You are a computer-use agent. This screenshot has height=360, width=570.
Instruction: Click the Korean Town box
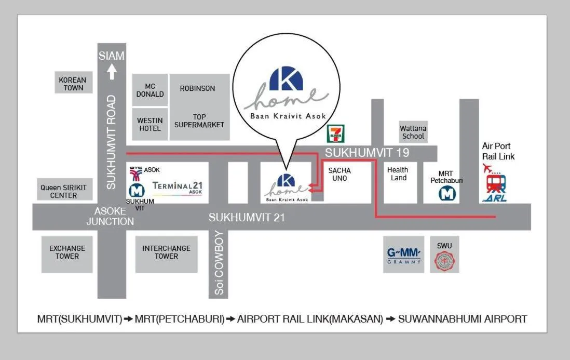74,84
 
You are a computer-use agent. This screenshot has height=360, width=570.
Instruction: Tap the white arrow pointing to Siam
112,71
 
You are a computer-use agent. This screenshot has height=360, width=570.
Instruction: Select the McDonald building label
150,90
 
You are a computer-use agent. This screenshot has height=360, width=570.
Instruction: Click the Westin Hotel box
150,124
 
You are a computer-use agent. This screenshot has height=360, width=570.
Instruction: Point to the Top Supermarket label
199,121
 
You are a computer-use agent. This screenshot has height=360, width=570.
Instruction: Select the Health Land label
398,174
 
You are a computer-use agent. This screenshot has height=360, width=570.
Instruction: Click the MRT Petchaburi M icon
446,193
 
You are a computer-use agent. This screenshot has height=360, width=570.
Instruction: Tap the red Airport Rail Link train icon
496,183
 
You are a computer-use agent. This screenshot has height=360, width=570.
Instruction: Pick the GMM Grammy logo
404,255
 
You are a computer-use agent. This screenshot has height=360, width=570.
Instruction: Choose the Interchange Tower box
166,252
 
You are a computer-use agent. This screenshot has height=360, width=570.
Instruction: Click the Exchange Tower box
67,252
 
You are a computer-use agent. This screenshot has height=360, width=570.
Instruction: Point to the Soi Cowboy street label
219,263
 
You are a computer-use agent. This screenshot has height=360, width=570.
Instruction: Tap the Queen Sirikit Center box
64,191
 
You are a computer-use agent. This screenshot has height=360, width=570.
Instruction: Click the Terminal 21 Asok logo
178,187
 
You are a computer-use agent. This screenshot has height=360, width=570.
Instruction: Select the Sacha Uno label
340,174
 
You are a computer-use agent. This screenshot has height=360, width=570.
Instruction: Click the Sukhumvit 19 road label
367,153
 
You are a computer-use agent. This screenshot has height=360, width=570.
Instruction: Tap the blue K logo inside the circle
286,79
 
